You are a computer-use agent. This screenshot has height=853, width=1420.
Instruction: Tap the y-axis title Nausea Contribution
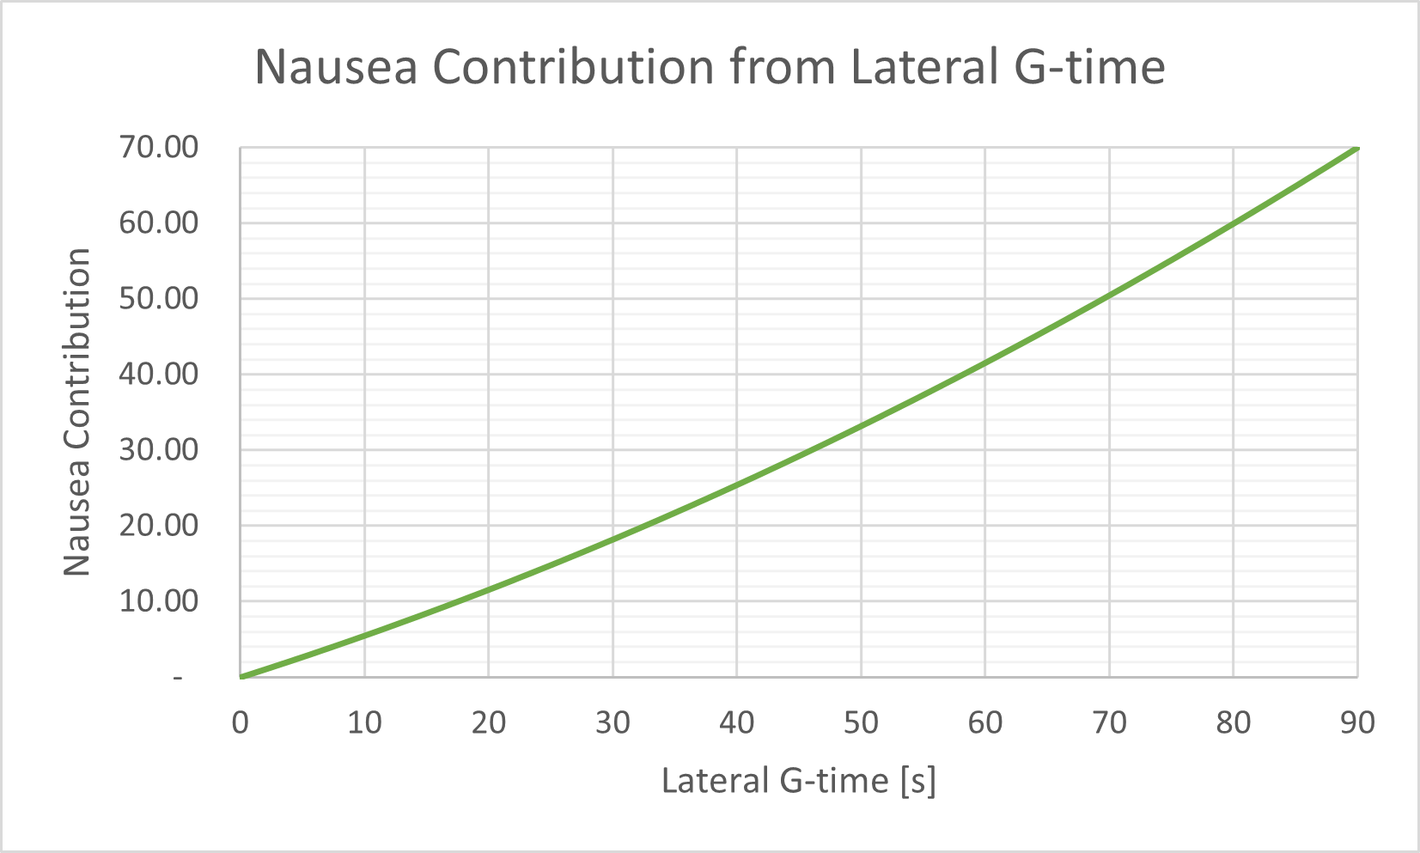[77, 411]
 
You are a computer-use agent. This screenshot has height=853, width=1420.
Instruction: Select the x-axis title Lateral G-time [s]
[798, 781]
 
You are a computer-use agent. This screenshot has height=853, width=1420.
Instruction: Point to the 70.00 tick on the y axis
[158, 148]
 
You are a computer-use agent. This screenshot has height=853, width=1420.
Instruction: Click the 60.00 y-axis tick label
[158, 223]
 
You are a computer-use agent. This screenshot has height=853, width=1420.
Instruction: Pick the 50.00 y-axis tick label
[158, 299]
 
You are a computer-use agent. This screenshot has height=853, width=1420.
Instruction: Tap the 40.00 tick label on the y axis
[158, 375]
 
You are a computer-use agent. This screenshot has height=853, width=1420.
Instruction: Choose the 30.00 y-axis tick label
[158, 450]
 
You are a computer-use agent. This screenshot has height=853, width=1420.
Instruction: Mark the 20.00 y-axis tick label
[158, 526]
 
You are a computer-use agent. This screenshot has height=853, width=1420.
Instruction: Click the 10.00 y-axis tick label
[158, 601]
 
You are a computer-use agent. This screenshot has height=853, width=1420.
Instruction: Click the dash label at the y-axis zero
[178, 678]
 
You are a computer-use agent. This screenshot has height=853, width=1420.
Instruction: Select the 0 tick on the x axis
[241, 722]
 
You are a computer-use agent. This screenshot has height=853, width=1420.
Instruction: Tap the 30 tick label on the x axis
[612, 722]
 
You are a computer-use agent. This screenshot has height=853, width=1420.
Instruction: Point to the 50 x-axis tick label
[861, 722]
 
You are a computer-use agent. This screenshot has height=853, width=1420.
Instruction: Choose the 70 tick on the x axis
[1109, 722]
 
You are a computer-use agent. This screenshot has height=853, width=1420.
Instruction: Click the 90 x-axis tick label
[1357, 722]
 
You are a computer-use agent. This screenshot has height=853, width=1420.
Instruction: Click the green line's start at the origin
[241, 677]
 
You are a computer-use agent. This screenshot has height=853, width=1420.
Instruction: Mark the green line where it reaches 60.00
[1234, 223]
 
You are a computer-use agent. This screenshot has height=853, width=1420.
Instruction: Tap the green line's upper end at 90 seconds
[1356, 148]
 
